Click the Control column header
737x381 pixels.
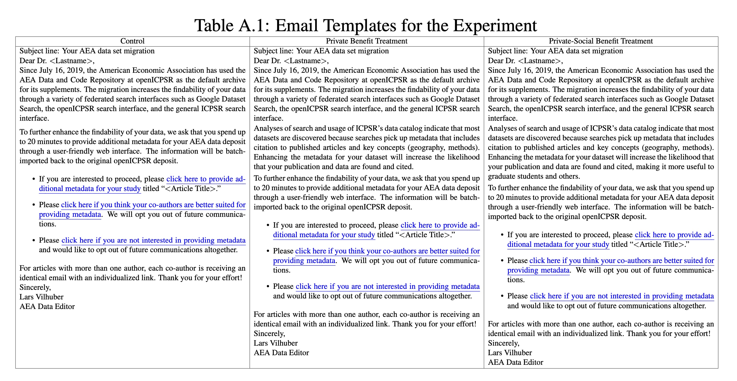[132, 41]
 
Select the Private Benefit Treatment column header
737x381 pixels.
[367, 41]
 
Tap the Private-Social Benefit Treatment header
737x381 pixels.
[600, 41]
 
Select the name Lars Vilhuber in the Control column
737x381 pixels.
[42, 297]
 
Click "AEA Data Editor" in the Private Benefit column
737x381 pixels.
[281, 353]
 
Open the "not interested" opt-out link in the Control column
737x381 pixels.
[153, 240]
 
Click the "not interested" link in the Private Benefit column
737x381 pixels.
[387, 287]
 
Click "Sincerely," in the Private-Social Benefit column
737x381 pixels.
[503, 343]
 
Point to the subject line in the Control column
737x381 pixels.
[87, 51]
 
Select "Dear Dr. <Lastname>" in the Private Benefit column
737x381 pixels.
[291, 61]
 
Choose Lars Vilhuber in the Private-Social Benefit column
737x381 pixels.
[510, 353]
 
